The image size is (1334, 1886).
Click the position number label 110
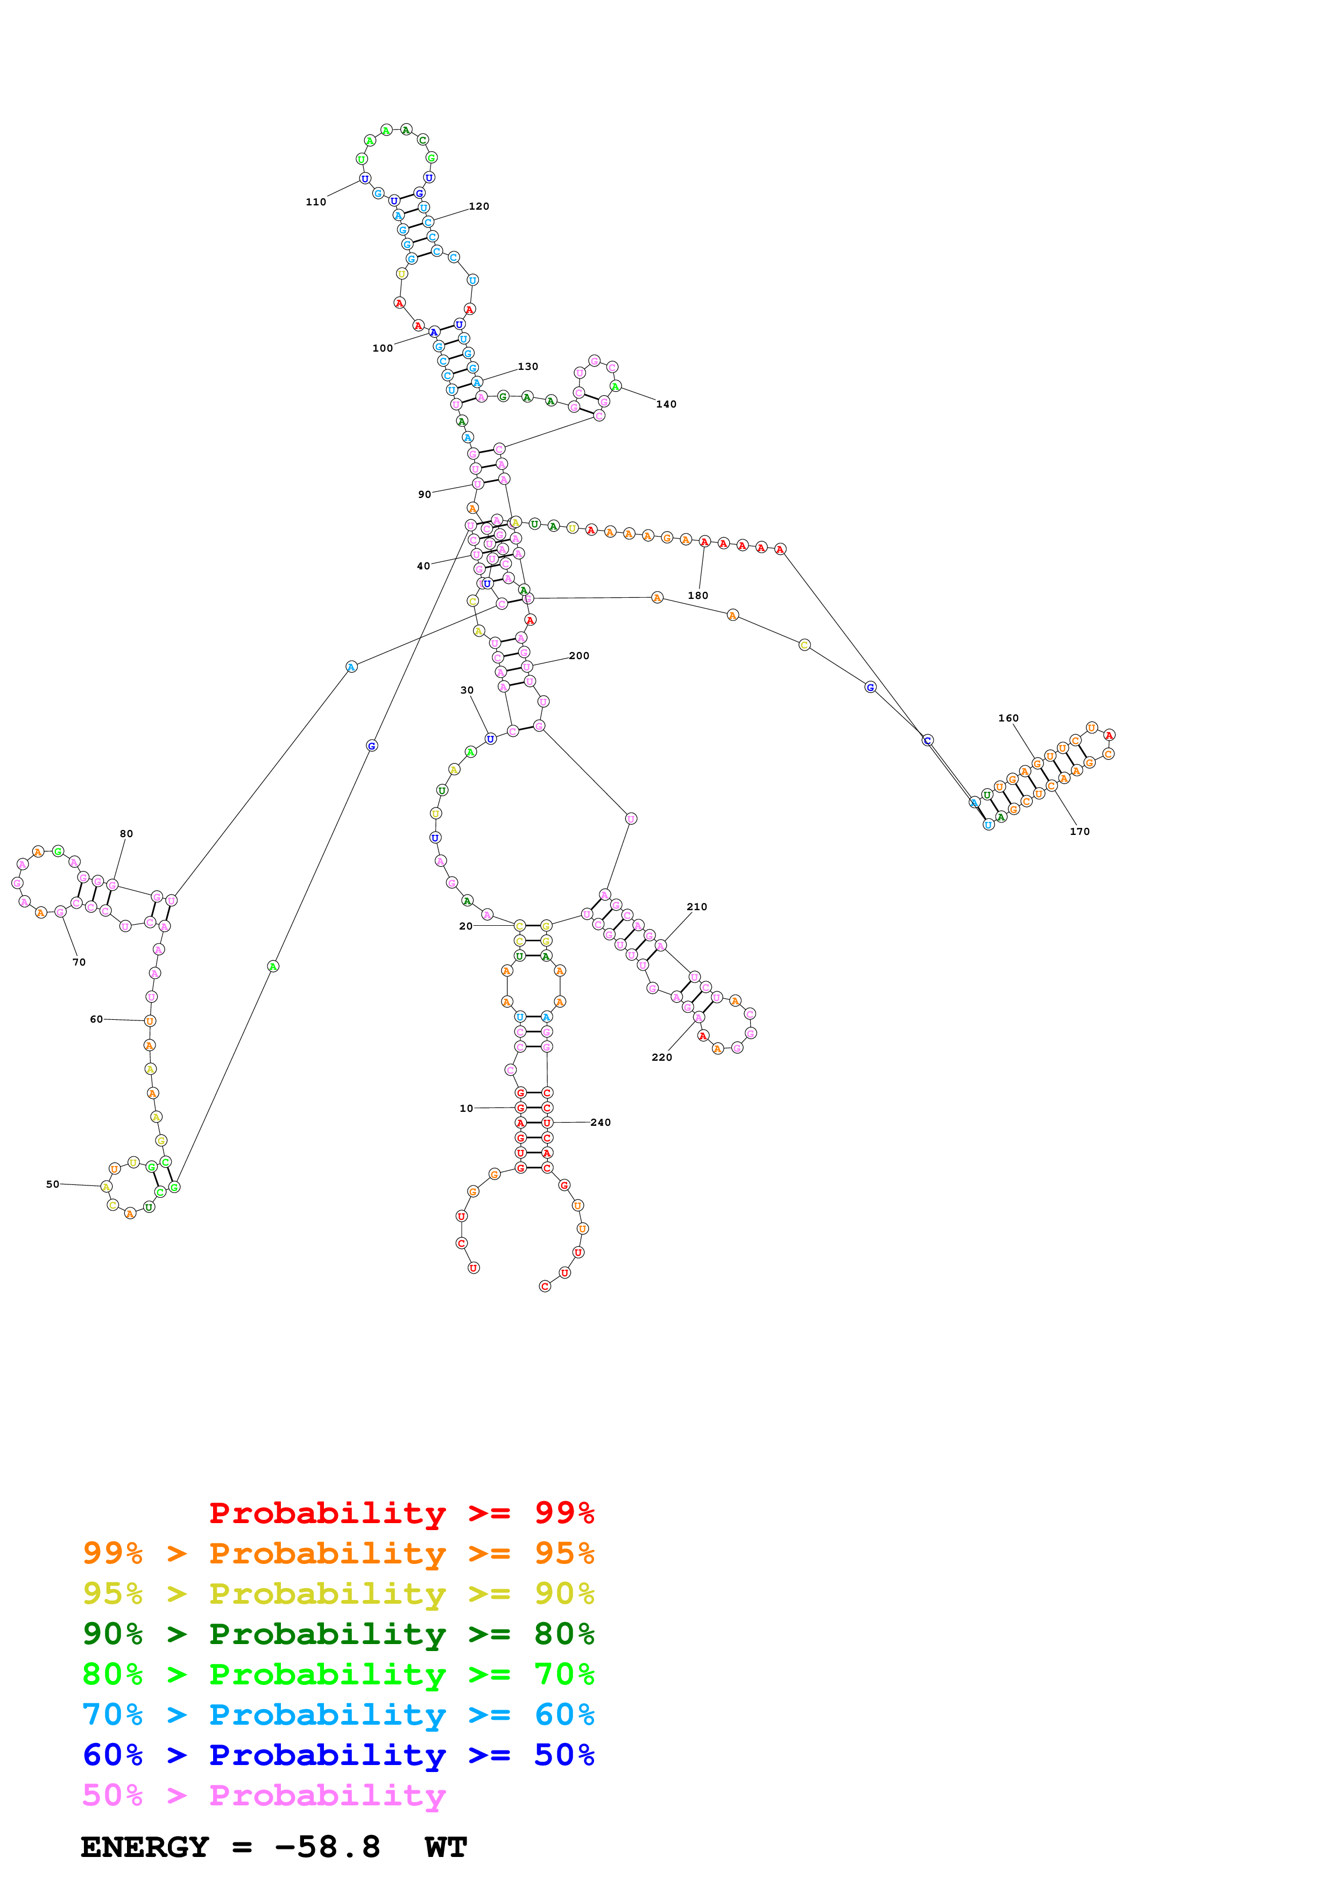[316, 202]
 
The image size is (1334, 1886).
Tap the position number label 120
[478, 206]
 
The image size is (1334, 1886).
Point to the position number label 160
[1008, 718]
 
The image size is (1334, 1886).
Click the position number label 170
[1079, 831]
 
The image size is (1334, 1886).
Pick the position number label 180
[698, 596]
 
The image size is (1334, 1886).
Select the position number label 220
[662, 1057]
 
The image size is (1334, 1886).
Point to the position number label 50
[53, 1184]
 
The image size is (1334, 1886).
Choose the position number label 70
[79, 962]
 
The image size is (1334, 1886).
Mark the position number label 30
[467, 690]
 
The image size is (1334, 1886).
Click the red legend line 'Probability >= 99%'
[401, 1512]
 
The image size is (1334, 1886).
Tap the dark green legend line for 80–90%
[338, 1634]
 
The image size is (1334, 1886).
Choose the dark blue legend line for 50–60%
[338, 1755]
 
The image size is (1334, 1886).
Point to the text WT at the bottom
[446, 1847]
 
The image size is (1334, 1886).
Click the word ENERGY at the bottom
[145, 1847]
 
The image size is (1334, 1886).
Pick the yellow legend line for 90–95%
[338, 1594]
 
